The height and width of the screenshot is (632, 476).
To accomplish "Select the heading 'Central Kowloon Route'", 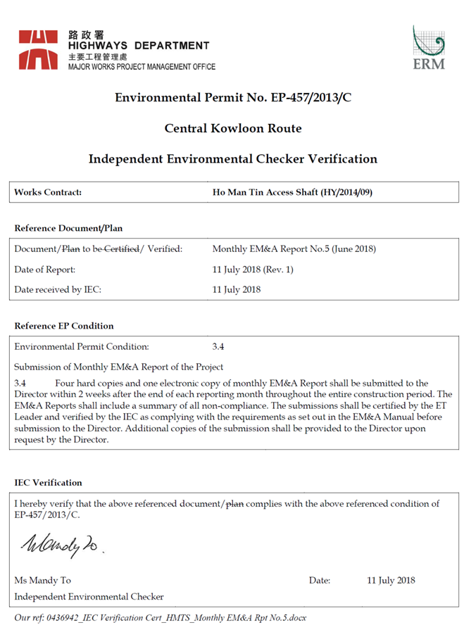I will pos(233,128).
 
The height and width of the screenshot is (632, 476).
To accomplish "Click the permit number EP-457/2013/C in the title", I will pos(311,97).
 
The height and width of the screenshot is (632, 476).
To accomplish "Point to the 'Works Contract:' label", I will pos(48,191).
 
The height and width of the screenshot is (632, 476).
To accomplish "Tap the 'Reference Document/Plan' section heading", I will pos(68,228).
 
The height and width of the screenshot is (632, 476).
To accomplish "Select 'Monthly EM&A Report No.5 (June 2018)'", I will pos(294,248).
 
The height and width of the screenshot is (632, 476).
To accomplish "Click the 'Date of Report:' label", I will pos(44,269).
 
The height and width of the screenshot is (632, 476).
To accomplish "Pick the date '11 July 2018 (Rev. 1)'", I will pos(252,269).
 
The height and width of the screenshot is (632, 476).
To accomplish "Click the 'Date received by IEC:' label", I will pos(58,289).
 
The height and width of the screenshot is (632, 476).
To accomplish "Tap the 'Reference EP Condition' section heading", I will pos(63,326).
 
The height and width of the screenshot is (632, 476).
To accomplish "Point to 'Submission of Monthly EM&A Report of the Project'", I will pos(119,367).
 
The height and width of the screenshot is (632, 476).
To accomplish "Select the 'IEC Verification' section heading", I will pos(48,483).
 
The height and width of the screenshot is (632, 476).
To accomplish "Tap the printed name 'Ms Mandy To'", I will pos(43,581).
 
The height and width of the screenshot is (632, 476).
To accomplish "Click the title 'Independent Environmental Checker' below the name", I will pos(89,596).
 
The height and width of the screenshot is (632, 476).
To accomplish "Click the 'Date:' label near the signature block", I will pos(319,581).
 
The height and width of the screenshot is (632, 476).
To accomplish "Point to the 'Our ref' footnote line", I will pos(161,617).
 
